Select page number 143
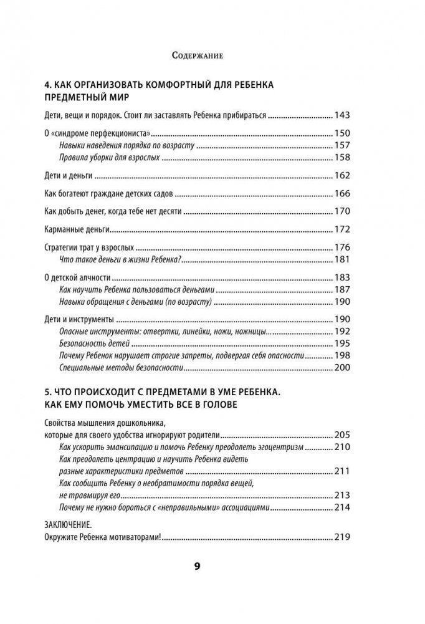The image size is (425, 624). point(343,115)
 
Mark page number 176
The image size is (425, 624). point(343,247)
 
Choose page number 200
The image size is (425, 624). point(343,368)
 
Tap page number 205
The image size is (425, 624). point(343,434)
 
